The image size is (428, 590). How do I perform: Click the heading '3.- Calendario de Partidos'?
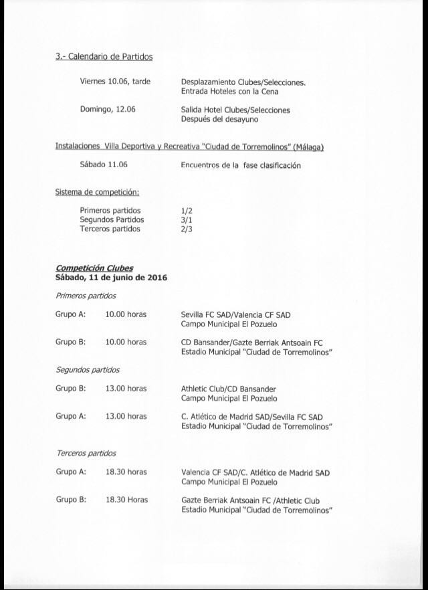coord(104,57)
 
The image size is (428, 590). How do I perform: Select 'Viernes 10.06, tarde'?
coord(115,82)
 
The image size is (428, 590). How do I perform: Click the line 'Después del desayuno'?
coord(219,120)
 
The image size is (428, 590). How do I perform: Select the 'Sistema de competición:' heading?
coord(97,193)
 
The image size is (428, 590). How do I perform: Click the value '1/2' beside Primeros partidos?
coord(187,210)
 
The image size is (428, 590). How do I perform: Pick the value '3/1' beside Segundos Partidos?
coord(187,219)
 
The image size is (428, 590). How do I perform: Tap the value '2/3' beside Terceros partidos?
coord(187,229)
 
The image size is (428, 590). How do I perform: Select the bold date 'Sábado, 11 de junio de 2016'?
coord(111,277)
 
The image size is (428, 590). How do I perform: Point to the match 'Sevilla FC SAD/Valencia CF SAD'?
coord(235,314)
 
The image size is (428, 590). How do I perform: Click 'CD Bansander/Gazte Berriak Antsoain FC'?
coord(251,342)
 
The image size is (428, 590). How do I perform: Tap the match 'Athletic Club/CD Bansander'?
coord(228,389)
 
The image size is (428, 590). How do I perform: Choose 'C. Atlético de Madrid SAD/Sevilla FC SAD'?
coord(251,416)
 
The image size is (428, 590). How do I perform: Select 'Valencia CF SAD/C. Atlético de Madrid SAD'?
coord(255,472)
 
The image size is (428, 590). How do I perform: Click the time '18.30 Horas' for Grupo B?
coord(126,500)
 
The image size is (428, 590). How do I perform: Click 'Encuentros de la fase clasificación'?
coord(241,165)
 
